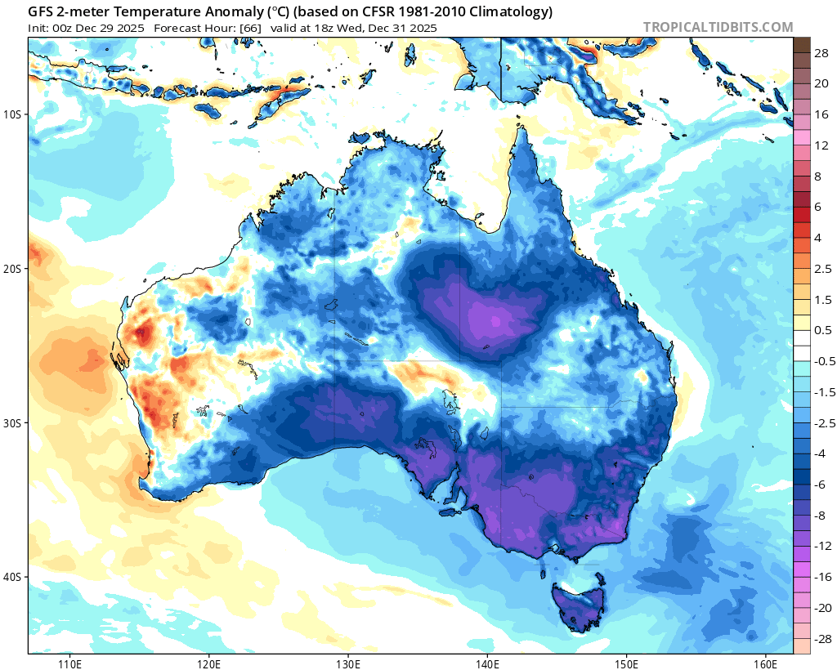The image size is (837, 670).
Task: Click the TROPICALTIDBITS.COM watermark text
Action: pyautogui.click(x=718, y=27)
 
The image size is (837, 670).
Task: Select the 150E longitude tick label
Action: pyautogui.click(x=627, y=662)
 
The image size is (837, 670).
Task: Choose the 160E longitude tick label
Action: pyautogui.click(x=766, y=662)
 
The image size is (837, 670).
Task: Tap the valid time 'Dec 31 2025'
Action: pyautogui.click(x=402, y=28)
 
